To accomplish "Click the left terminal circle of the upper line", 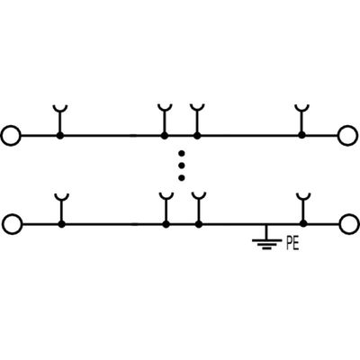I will [11, 136].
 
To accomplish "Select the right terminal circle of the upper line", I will [348, 136].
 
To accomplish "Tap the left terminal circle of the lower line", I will [11, 223].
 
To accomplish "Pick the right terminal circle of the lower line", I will [348, 223].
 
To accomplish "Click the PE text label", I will [292, 241].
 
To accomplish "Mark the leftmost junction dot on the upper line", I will [60, 136].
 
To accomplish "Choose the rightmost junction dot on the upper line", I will [302, 136].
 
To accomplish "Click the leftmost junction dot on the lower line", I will [60, 223].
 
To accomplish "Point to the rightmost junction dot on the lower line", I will [302, 223].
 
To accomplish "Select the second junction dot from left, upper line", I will [165, 136].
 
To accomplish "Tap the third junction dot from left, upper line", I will [196, 136].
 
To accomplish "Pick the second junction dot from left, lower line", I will [165, 223].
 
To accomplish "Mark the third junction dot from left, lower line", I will [196, 223].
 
